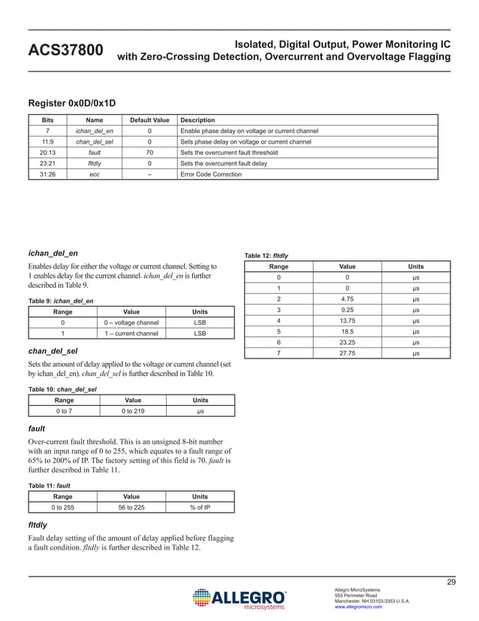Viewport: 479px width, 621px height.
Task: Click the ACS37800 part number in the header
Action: [x=65, y=50]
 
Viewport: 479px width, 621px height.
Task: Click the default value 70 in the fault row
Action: [x=149, y=152]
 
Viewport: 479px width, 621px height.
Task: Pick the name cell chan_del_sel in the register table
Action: [x=95, y=141]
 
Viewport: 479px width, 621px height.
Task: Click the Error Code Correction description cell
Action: [x=212, y=174]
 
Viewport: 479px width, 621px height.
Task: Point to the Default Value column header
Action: [x=149, y=120]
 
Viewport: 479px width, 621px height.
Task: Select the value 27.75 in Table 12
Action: [x=347, y=353]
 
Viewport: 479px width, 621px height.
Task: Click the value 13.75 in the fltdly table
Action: [x=347, y=320]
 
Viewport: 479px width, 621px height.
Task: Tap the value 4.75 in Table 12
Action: [x=347, y=298]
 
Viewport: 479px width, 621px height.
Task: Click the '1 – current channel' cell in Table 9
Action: [x=131, y=333]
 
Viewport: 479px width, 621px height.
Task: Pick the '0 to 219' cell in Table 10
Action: [x=131, y=410]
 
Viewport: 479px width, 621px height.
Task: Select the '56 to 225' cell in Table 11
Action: [x=131, y=507]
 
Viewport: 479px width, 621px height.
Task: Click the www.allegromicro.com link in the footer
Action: [x=358, y=607]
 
